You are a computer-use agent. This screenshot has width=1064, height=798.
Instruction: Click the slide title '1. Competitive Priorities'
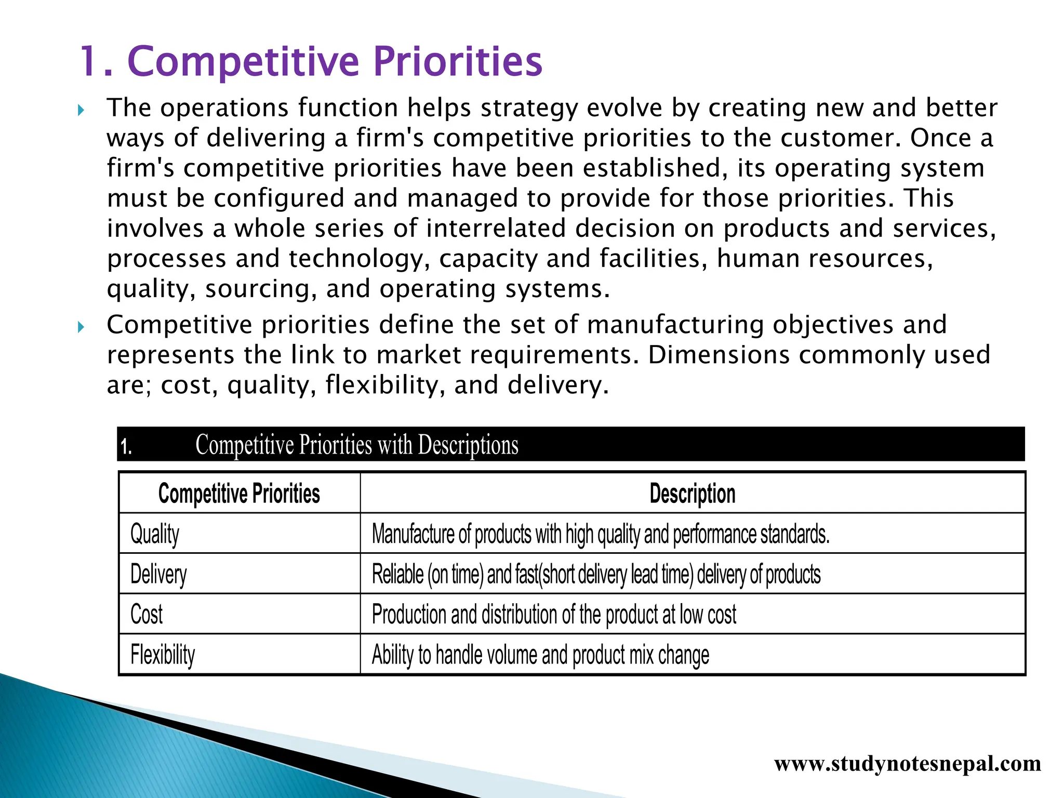tap(311, 61)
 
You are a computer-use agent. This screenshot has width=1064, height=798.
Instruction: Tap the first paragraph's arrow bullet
tap(81, 110)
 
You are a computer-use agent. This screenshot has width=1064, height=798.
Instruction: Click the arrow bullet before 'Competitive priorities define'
tap(81, 327)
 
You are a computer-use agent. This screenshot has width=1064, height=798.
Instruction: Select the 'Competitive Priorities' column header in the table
tap(239, 494)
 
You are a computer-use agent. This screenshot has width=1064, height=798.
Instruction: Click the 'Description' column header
tap(692, 494)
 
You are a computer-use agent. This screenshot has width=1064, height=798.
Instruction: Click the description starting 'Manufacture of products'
tap(600, 534)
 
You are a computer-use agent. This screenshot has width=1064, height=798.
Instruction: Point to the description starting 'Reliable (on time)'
tap(596, 574)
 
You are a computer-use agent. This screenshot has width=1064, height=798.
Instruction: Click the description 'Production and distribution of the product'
tap(554, 614)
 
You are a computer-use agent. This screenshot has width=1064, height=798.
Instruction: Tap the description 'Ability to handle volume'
tap(540, 655)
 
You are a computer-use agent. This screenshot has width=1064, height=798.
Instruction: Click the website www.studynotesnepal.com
tap(907, 764)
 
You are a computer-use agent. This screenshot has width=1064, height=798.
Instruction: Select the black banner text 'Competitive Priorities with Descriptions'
tap(356, 445)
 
